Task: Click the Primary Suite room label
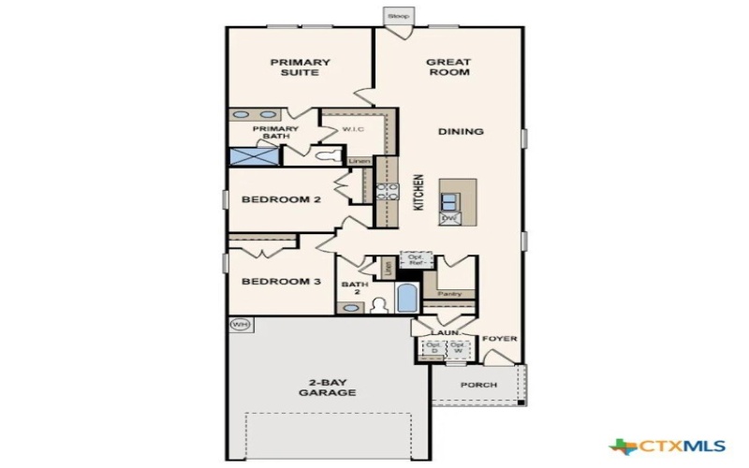(300, 67)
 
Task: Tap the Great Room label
(448, 67)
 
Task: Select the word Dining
(461, 132)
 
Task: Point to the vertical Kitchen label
(419, 193)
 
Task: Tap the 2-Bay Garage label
(327, 388)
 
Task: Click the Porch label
(478, 386)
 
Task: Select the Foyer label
(499, 339)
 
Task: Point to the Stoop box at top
(397, 17)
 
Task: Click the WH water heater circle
(240, 325)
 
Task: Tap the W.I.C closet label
(353, 129)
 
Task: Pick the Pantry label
(449, 294)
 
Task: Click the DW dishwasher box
(449, 218)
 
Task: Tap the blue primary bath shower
(253, 157)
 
